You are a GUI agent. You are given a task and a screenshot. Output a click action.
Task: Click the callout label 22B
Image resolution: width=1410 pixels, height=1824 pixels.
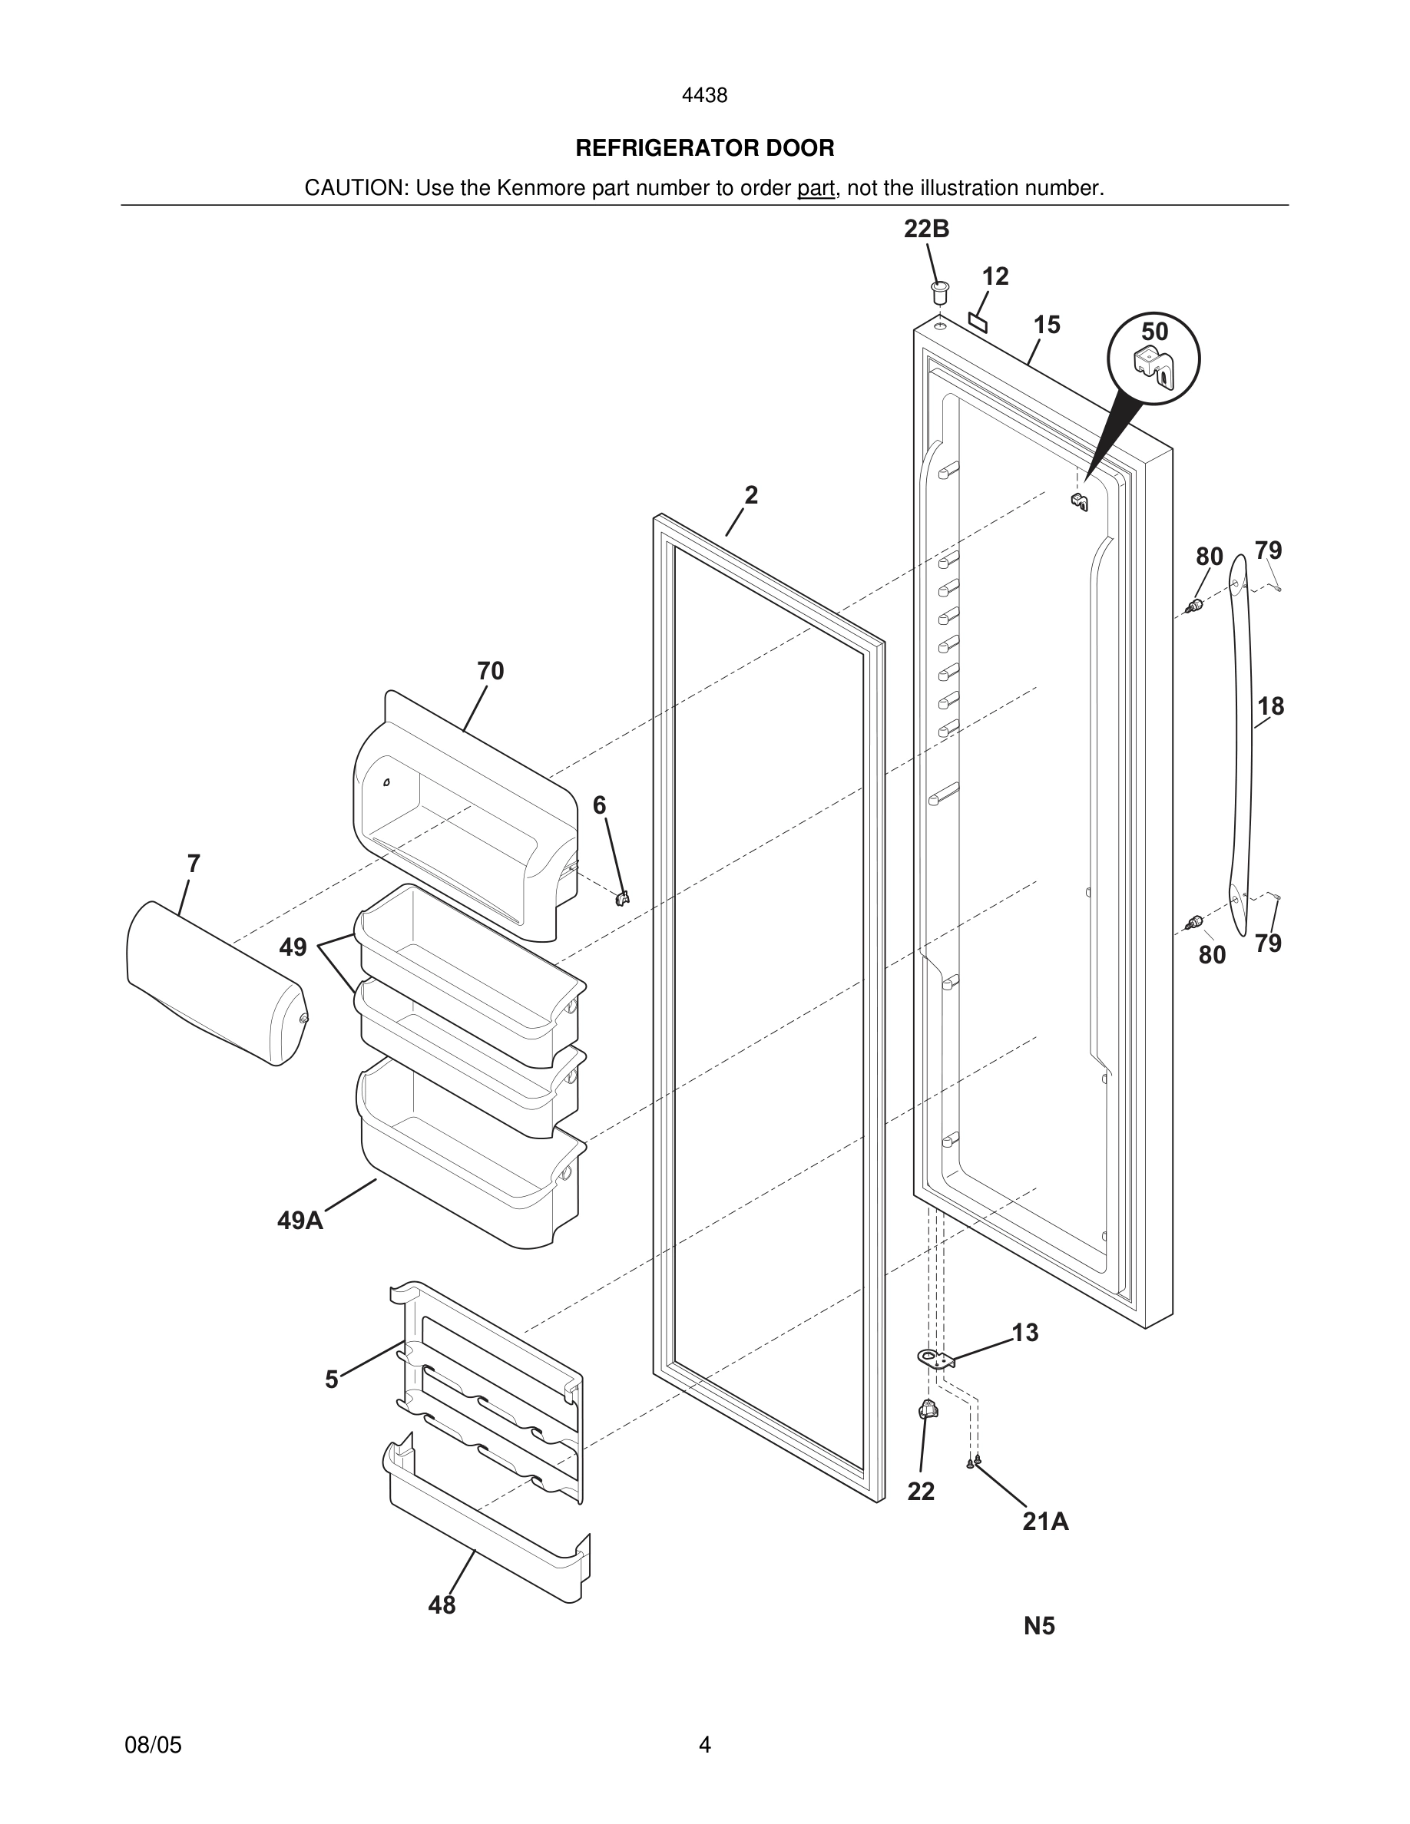[926, 229]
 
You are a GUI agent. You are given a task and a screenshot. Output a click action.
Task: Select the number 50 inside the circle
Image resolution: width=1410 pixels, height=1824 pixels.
[1154, 332]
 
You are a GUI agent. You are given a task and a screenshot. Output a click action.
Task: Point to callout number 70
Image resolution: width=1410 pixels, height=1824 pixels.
[490, 671]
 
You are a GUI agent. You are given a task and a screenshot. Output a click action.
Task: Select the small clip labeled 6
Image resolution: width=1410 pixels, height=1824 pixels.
[621, 898]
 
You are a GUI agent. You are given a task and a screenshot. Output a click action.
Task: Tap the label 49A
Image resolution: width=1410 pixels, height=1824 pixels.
[300, 1221]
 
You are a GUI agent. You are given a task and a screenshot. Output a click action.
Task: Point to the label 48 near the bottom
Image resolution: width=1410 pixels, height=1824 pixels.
[442, 1604]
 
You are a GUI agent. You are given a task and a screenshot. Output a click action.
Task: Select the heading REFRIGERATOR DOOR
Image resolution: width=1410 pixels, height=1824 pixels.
[704, 149]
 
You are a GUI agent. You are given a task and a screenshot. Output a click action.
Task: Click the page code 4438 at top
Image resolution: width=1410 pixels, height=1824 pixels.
[704, 96]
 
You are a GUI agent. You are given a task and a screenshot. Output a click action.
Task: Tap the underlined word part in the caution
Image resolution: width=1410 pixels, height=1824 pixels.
[816, 189]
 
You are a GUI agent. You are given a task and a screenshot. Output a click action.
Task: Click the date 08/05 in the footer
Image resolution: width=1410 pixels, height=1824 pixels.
[153, 1745]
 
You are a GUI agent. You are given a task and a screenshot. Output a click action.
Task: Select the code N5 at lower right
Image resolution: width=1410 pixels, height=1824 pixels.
[1039, 1626]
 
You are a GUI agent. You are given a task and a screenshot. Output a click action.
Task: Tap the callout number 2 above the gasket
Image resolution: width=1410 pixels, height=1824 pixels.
[751, 495]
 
